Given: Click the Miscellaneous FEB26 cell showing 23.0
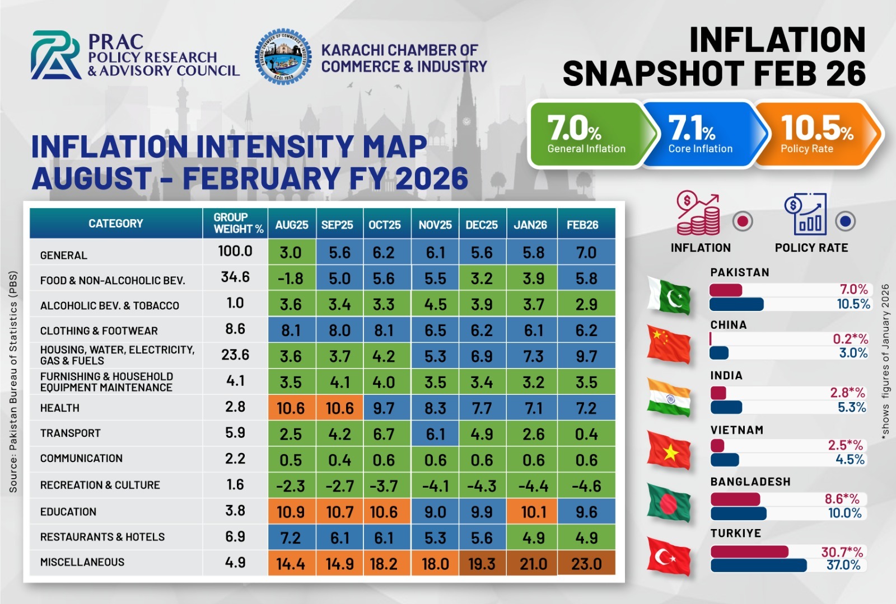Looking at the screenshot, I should pyautogui.click(x=586, y=563).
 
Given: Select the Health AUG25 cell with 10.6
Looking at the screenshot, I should pyautogui.click(x=291, y=408).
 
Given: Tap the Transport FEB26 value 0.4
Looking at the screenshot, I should pyautogui.click(x=586, y=434).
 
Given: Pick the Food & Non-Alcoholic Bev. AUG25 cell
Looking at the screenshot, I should pyautogui.click(x=291, y=279).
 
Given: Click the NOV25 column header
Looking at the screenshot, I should pyautogui.click(x=435, y=225).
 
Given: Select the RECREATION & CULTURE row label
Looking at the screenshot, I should pyautogui.click(x=100, y=485).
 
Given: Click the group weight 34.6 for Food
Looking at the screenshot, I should pyautogui.click(x=235, y=277).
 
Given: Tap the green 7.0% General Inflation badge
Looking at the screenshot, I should pyautogui.click(x=586, y=134).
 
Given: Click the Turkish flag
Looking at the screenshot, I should pyautogui.click(x=668, y=556).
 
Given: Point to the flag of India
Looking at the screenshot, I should pyautogui.click(x=668, y=398).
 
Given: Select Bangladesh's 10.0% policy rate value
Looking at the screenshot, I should pyautogui.click(x=844, y=513).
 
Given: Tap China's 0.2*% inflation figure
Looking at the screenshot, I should pyautogui.click(x=850, y=339).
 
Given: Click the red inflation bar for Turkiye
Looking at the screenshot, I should pyautogui.click(x=749, y=552).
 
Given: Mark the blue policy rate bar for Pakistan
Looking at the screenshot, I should pyautogui.click(x=736, y=304).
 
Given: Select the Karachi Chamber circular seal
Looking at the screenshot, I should pyautogui.click(x=283, y=56).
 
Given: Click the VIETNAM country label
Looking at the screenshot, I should pyautogui.click(x=736, y=430).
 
